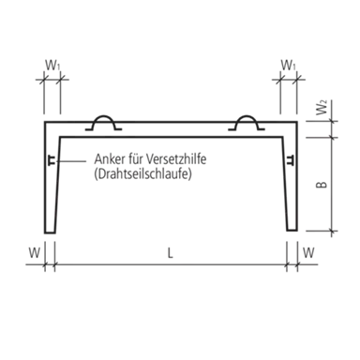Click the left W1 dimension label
coord(52,66)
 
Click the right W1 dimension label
coord(288,66)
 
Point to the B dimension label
coord(322,185)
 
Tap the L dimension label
coord(170,253)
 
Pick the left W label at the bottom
coord(35,252)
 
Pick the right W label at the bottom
coord(308,252)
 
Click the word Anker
coord(110,159)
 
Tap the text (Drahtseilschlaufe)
coord(142,174)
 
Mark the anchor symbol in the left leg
coord(52,159)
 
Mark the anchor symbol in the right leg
coord(291,159)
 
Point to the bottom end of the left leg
coord(50,232)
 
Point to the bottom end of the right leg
coord(292,231)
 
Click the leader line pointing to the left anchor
coord(71,161)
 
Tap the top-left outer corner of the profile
coord(45,122)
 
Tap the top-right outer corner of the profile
coord(297,122)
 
